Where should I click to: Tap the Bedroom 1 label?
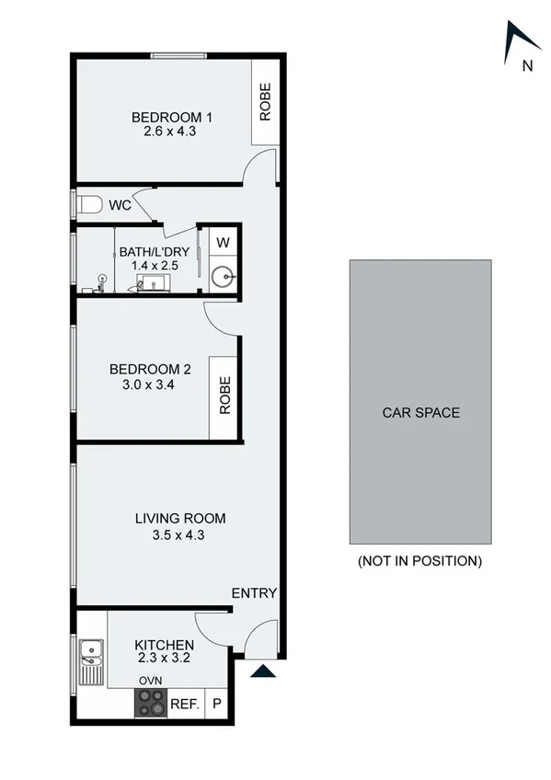pos(171,117)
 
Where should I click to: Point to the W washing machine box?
pos(223,243)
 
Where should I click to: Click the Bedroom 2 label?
pos(150,370)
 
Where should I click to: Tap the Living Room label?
pos(179,519)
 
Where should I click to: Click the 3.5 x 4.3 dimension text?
pos(179,534)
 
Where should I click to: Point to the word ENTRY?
pos(254,593)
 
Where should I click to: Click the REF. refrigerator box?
pos(184,704)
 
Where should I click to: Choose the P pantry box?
pos(217,704)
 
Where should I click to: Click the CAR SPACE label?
pos(420,413)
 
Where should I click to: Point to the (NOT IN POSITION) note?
pos(419,560)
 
